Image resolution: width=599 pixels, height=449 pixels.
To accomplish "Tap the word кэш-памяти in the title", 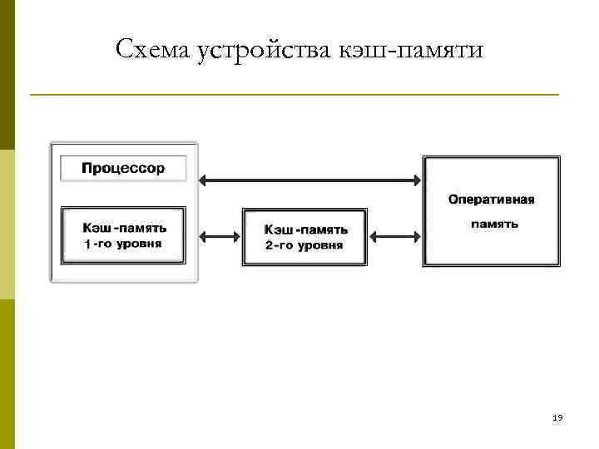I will click(x=411, y=50).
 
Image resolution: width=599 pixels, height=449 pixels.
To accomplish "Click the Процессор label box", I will click(x=123, y=168).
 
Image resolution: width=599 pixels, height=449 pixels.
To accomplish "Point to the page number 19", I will click(x=557, y=418).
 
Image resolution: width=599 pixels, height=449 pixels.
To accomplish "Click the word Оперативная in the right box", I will click(x=491, y=200).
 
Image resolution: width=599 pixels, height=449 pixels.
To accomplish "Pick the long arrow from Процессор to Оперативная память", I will click(x=309, y=178).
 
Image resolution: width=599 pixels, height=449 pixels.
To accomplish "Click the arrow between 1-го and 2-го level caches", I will click(x=220, y=236).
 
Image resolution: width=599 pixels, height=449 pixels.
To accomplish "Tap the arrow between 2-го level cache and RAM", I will click(x=394, y=237).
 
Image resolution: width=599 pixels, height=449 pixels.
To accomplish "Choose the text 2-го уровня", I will click(x=304, y=246).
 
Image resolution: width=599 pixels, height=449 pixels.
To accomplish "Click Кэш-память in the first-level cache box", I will click(x=123, y=227).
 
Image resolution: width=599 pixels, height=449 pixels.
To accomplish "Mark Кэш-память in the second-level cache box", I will click(x=305, y=229).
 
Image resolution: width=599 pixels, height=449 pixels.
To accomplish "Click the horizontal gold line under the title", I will click(x=295, y=95).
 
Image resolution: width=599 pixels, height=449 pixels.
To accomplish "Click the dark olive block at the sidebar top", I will click(x=7, y=75).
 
